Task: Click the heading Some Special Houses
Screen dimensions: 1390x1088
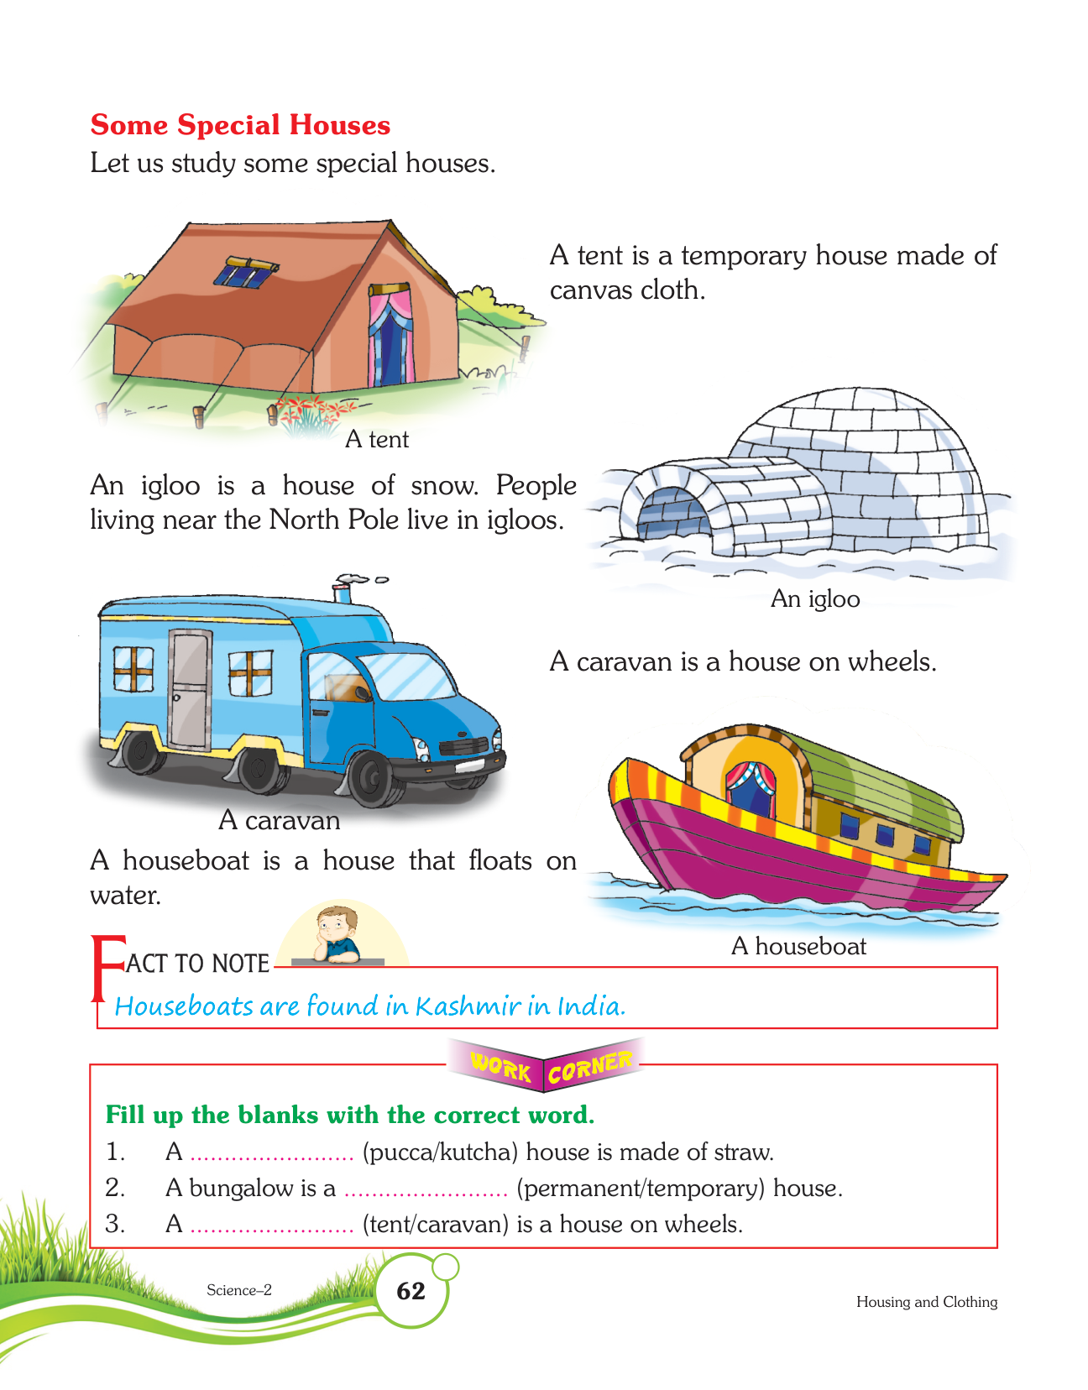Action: tap(240, 125)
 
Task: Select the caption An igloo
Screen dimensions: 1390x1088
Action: tap(814, 598)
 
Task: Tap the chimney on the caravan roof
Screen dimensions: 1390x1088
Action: tap(345, 589)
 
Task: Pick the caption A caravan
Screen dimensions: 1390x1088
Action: tap(279, 820)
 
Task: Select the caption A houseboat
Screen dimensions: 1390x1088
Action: tap(798, 946)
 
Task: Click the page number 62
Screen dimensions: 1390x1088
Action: tap(411, 1291)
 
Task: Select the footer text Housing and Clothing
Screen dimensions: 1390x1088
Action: tap(926, 1302)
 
